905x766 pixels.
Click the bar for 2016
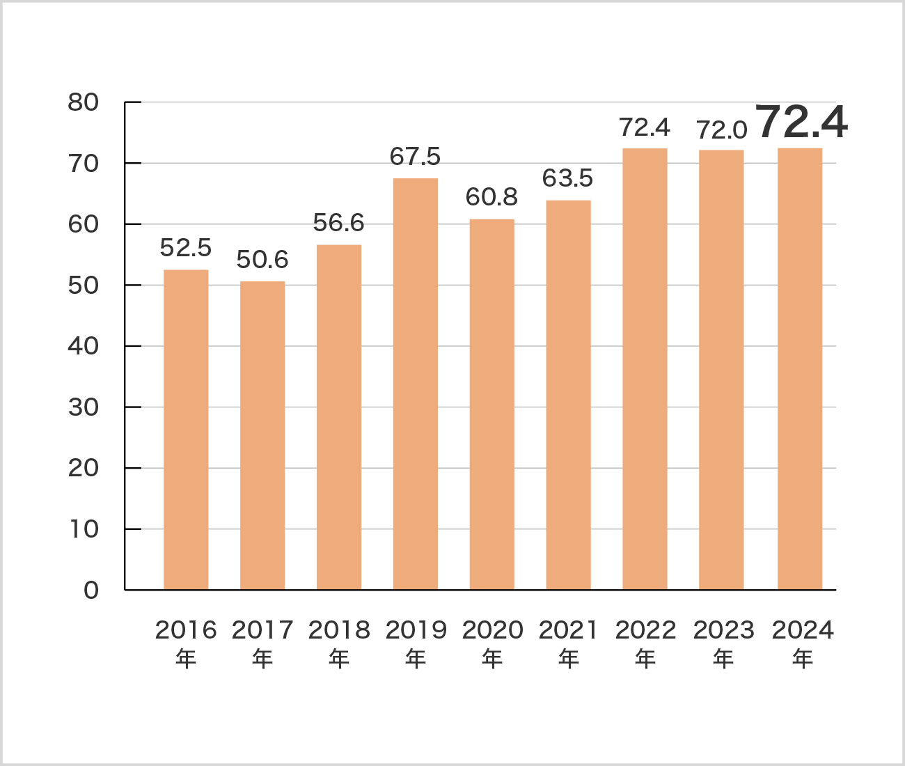coord(186,430)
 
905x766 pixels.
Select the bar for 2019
coord(416,384)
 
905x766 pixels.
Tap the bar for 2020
coord(492,405)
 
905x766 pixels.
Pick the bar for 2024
coord(800,369)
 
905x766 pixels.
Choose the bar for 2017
coord(262,435)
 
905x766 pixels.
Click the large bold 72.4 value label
coord(801,123)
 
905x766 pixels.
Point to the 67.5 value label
coord(415,157)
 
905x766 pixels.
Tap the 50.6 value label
coord(262,260)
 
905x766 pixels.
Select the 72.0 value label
coord(722,130)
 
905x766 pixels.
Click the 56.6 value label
coord(338,223)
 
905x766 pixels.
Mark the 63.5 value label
coord(568,178)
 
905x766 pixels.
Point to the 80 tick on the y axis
coord(84,102)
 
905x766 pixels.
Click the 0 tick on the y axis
coord(91,591)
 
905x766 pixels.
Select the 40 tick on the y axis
coord(84,346)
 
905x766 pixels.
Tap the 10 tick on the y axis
coord(84,529)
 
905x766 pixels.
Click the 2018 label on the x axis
coord(339,630)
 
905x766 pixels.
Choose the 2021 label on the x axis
coord(569,630)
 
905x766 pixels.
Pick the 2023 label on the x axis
coord(723,630)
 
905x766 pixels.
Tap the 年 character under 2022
coord(645,658)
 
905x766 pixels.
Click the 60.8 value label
coord(491,197)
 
